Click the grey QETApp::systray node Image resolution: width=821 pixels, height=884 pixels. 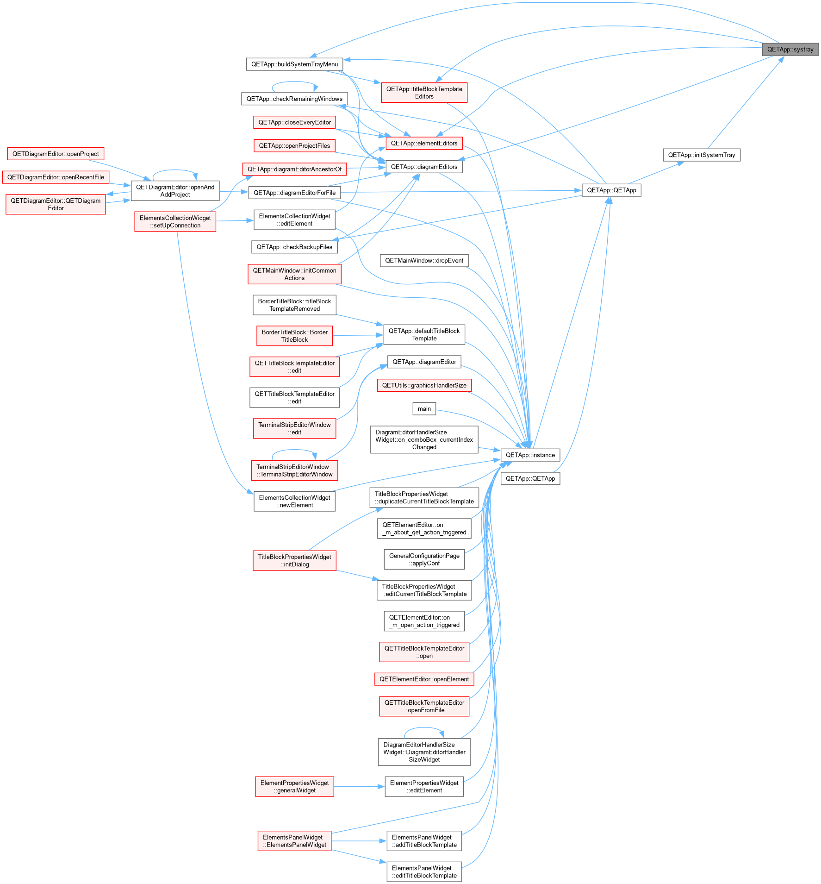coord(790,50)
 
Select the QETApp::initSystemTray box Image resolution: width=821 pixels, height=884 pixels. coord(701,155)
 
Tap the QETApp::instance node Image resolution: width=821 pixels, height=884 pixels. coord(530,455)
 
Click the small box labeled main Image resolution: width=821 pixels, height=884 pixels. coord(424,409)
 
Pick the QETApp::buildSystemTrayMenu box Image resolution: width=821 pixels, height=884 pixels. coord(294,64)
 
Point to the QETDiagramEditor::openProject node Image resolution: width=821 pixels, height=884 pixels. coord(56,154)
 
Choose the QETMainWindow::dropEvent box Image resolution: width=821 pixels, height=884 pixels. coord(424,261)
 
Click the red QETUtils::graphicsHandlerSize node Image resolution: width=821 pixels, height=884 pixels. coord(424,385)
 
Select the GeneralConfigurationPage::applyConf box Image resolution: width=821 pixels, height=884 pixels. coord(424,559)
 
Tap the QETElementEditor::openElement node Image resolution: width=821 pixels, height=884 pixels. coord(424,679)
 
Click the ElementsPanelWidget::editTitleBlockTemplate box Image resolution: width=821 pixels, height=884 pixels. coord(424,872)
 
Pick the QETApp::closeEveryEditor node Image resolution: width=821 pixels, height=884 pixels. coord(294,123)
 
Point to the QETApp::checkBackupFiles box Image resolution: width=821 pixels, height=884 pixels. coord(294,247)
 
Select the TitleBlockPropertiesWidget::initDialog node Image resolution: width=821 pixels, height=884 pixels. coord(294,561)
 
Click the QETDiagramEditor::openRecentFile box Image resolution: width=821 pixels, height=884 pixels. coord(56,177)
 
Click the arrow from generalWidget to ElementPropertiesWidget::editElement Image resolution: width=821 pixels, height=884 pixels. coord(359,787)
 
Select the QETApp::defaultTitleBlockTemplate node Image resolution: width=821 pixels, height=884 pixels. coord(424,335)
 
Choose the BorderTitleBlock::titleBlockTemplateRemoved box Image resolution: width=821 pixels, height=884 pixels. coord(294,305)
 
